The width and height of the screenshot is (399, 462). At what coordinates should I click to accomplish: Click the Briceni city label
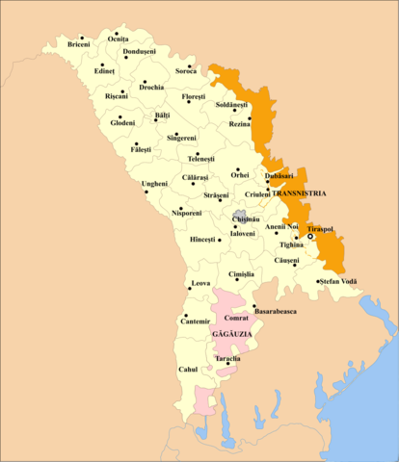[x=79, y=45]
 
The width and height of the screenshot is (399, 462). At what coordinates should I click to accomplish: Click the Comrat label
[x=236, y=318]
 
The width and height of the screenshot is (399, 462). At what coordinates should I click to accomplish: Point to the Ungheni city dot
[x=146, y=191]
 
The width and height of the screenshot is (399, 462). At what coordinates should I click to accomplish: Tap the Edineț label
[x=104, y=71]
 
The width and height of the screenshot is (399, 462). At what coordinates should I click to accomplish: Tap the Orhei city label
[x=240, y=175]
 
